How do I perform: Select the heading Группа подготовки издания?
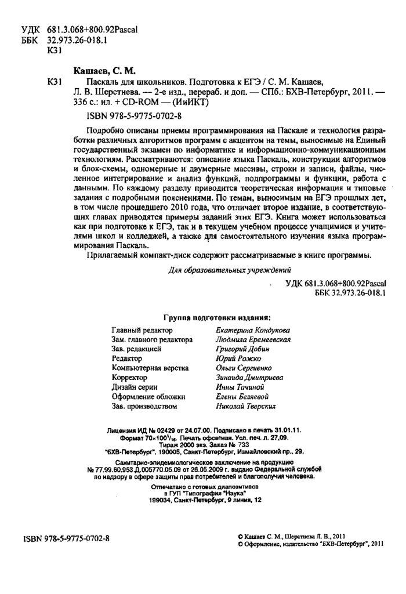[x=217, y=318]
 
